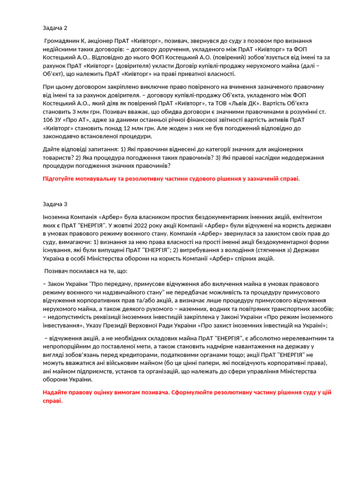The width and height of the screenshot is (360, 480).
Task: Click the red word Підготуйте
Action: tap(60, 179)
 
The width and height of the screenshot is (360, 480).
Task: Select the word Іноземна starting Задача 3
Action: tap(57, 217)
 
